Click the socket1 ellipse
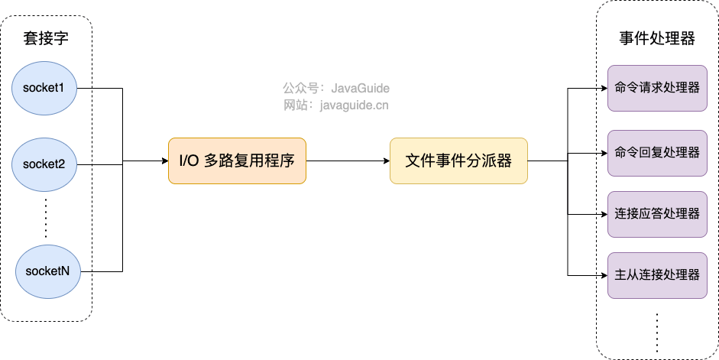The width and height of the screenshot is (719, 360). pyautogui.click(x=44, y=88)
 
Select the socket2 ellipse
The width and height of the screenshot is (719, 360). pyautogui.click(x=44, y=164)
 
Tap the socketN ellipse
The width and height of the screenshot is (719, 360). pyautogui.click(x=47, y=271)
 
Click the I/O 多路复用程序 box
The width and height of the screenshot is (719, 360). pyautogui.click(x=237, y=161)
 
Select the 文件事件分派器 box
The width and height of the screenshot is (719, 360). pyautogui.click(x=458, y=161)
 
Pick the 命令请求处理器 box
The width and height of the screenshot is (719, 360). pyautogui.click(x=657, y=88)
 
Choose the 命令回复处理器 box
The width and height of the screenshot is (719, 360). pyautogui.click(x=657, y=153)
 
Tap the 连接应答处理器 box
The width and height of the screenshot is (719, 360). pyautogui.click(x=657, y=214)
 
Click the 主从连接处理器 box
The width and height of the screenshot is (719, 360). pyautogui.click(x=657, y=275)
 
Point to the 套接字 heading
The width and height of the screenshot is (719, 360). pyautogui.click(x=46, y=38)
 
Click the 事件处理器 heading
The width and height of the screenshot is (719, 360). pyautogui.click(x=656, y=38)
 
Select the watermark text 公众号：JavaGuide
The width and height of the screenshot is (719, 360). pyautogui.click(x=336, y=88)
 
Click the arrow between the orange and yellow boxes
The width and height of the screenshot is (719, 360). pyautogui.click(x=348, y=161)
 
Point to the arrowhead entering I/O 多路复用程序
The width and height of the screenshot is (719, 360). pyautogui.click(x=165, y=161)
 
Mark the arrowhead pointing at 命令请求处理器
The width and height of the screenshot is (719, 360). pyautogui.click(x=604, y=88)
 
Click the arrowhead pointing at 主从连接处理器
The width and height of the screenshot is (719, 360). pyautogui.click(x=604, y=275)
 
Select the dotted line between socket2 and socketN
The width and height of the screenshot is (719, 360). pyautogui.click(x=46, y=218)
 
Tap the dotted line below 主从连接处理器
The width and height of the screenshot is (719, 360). pyautogui.click(x=657, y=332)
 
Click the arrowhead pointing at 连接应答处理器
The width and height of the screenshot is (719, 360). pyautogui.click(x=604, y=214)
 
